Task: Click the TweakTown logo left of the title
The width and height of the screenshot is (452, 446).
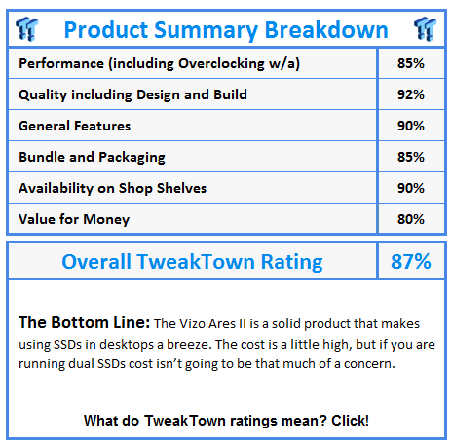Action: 27,29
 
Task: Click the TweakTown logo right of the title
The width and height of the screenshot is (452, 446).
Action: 425,29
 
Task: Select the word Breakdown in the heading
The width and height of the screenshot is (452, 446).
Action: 326,30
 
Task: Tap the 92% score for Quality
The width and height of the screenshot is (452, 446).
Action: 411,94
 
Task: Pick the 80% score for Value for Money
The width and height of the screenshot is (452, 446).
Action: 411,219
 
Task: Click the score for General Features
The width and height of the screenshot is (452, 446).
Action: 411,126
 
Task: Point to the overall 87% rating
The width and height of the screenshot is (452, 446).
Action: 411,261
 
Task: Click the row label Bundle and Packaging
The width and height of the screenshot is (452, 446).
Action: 92,158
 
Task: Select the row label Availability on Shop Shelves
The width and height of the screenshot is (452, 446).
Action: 112,188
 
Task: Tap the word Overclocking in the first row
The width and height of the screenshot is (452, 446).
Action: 221,63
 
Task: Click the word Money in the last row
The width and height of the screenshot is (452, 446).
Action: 106,220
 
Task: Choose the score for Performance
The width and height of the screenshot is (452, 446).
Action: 411,63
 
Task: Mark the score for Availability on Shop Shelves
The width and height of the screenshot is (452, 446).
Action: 411,188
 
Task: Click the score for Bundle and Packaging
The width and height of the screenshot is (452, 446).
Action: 411,157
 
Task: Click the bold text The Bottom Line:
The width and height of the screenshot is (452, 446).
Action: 84,322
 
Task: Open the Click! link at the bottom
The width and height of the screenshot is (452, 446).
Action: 350,421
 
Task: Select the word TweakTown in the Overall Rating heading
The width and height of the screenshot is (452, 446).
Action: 196,262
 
